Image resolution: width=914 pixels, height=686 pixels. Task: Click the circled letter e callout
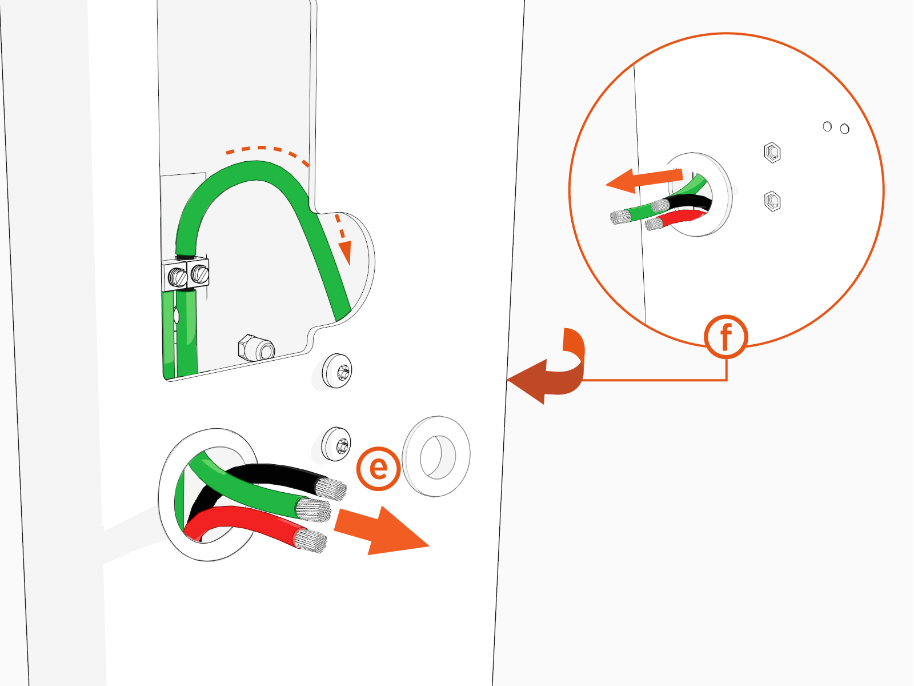(x=378, y=468)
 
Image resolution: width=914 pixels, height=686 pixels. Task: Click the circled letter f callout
(x=725, y=337)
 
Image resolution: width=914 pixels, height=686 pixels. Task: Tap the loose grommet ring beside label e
(x=436, y=456)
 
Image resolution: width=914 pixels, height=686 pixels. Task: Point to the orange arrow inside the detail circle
(x=643, y=180)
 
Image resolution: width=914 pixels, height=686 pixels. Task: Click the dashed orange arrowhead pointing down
(x=344, y=252)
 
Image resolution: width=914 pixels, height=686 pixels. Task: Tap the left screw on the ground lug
(x=178, y=277)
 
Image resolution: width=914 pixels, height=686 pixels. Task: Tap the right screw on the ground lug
(x=199, y=274)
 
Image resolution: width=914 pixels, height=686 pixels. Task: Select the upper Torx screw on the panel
(x=338, y=370)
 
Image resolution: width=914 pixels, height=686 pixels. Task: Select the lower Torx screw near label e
(x=337, y=444)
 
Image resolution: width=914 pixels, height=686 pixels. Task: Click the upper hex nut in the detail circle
(x=772, y=153)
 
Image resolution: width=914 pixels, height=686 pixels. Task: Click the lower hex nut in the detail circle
(x=772, y=201)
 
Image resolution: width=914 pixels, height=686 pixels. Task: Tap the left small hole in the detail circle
(x=827, y=126)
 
